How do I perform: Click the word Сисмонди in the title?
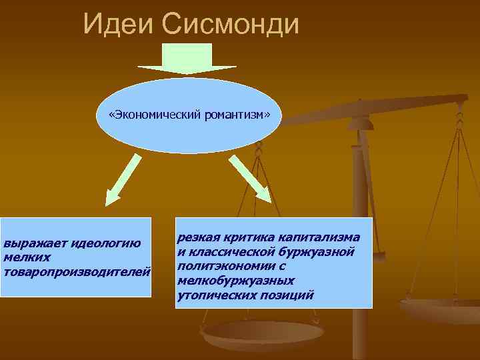tap(231, 25)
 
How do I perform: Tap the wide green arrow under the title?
tap(187, 59)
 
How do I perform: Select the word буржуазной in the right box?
tap(316, 252)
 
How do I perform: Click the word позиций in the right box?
tap(288, 294)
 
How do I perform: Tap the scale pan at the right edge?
tap(443, 311)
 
